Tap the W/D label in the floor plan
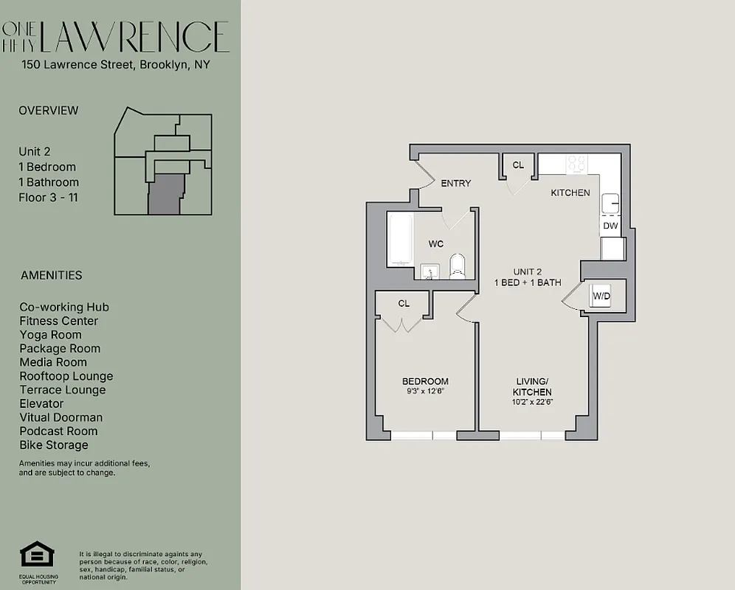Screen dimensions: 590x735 click(602, 296)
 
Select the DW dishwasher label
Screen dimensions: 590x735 click(610, 226)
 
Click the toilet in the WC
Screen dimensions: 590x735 click(458, 267)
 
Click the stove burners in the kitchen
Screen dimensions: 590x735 click(576, 164)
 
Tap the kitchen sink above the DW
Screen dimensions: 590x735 click(610, 203)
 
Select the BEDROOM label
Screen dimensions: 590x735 click(425, 381)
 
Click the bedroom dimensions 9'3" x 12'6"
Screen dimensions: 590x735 click(425, 391)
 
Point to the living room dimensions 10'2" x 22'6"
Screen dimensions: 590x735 click(533, 402)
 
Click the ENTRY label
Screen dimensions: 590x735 click(455, 184)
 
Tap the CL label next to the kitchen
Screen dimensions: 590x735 click(518, 165)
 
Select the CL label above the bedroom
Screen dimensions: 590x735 click(404, 303)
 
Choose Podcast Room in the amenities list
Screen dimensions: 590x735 click(58, 431)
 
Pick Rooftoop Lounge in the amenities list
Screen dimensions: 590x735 click(66, 376)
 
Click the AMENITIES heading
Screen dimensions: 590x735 click(51, 276)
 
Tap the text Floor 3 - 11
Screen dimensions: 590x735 click(48, 198)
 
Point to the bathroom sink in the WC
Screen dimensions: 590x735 click(429, 272)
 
